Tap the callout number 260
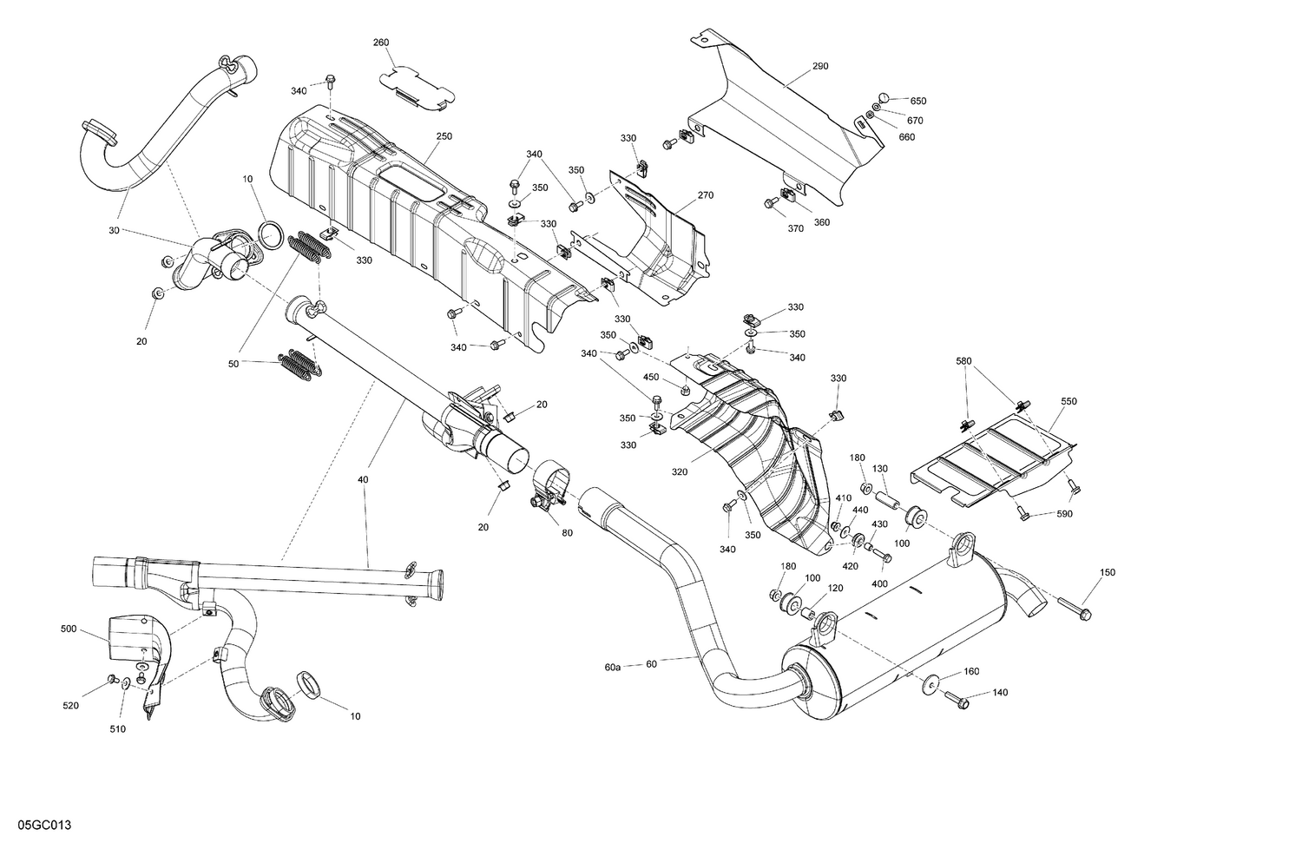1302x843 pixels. (x=381, y=43)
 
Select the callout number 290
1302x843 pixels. (x=820, y=66)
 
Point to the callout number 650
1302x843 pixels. (x=918, y=102)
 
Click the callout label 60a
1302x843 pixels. (x=613, y=667)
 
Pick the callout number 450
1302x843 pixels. (x=651, y=377)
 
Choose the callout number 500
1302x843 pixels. (x=69, y=628)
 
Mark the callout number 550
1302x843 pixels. (x=1068, y=402)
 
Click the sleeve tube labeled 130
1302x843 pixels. (x=887, y=502)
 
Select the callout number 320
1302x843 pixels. (x=679, y=472)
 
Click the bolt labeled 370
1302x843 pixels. (x=770, y=203)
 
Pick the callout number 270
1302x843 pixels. (x=705, y=195)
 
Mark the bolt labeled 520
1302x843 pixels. (x=113, y=678)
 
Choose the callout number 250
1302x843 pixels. (x=444, y=136)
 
